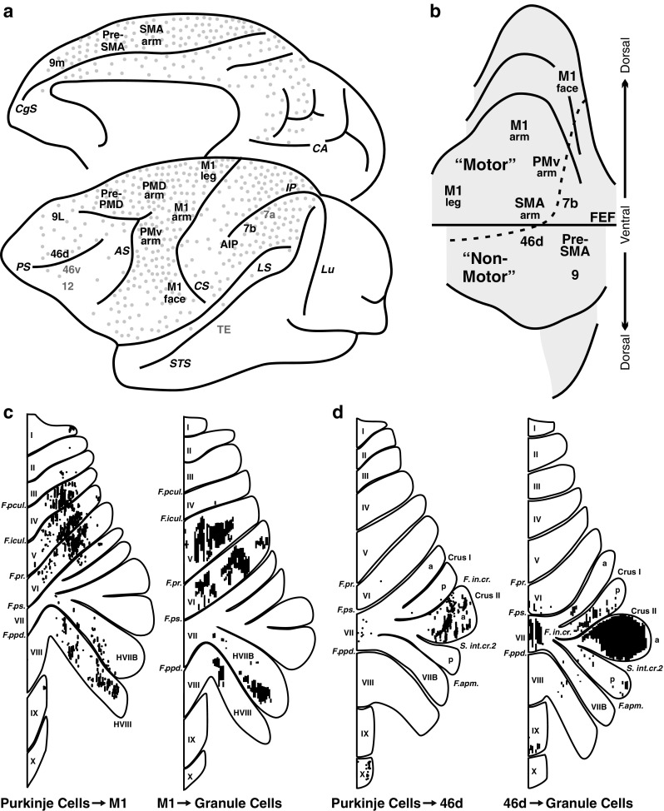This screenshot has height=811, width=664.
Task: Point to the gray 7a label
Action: [x=269, y=216]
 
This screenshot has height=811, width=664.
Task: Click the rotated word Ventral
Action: [x=636, y=224]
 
